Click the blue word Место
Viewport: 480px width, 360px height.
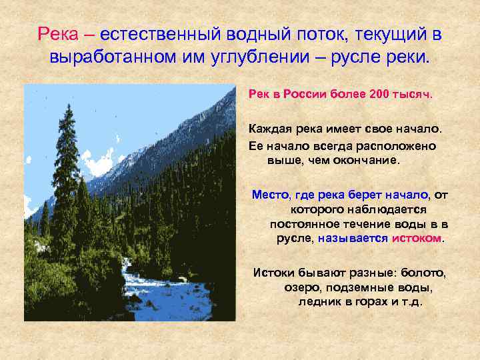269,194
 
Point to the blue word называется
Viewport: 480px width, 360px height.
353,238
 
